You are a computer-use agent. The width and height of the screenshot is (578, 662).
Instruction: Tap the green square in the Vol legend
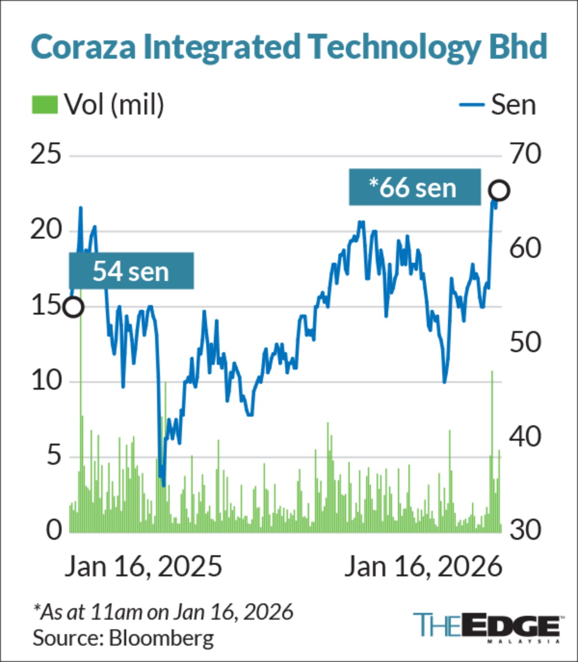pyautogui.click(x=45, y=104)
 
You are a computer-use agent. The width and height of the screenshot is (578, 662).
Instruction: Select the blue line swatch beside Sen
pyautogui.click(x=472, y=104)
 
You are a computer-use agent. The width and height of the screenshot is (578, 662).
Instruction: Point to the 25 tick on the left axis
pyautogui.click(x=46, y=155)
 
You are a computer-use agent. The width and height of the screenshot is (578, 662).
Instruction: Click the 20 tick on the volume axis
pyautogui.click(x=46, y=230)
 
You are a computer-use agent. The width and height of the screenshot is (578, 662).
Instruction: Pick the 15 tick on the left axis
pyautogui.click(x=46, y=306)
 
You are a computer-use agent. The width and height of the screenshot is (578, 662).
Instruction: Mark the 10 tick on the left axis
pyautogui.click(x=46, y=382)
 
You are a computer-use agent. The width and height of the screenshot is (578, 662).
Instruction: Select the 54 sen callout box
pyautogui.click(x=131, y=271)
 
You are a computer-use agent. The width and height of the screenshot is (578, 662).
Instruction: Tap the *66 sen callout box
pyautogui.click(x=415, y=188)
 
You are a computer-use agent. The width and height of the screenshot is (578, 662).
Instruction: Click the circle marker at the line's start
pyautogui.click(x=74, y=307)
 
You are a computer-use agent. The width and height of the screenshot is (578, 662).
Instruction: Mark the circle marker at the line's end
pyautogui.click(x=499, y=191)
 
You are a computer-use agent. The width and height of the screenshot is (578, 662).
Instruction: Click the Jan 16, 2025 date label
pyautogui.click(x=144, y=567)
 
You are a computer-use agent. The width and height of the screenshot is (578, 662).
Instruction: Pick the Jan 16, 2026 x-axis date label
pyautogui.click(x=423, y=567)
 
